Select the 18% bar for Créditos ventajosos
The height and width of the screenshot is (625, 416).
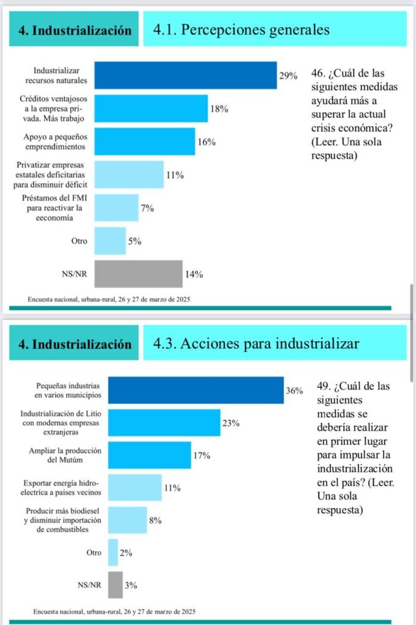151,109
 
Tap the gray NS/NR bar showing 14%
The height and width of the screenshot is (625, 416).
138,274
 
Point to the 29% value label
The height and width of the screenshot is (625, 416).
288,76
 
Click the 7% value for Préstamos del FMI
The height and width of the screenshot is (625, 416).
147,208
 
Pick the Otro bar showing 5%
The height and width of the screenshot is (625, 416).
110,241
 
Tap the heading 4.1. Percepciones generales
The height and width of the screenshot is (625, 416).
241,29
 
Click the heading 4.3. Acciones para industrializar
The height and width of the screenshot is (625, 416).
256,343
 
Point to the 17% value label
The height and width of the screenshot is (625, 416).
202,455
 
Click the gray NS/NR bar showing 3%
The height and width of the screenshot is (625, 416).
115,585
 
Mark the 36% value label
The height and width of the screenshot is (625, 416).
294,391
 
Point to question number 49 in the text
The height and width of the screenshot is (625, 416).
324,386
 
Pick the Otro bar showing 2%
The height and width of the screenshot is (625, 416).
112,552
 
